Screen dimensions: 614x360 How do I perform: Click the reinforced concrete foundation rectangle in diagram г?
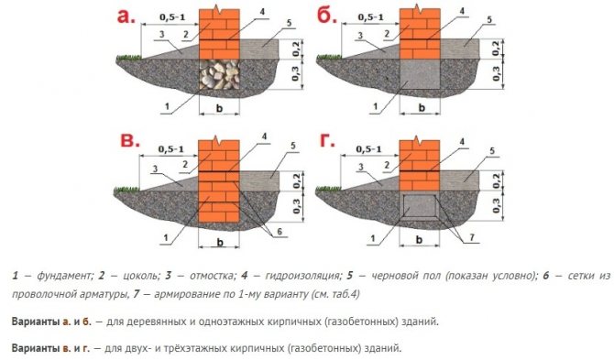pyautogui.click(x=419, y=205)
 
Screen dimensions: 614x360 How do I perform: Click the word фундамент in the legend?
pyautogui.click(x=62, y=275)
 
